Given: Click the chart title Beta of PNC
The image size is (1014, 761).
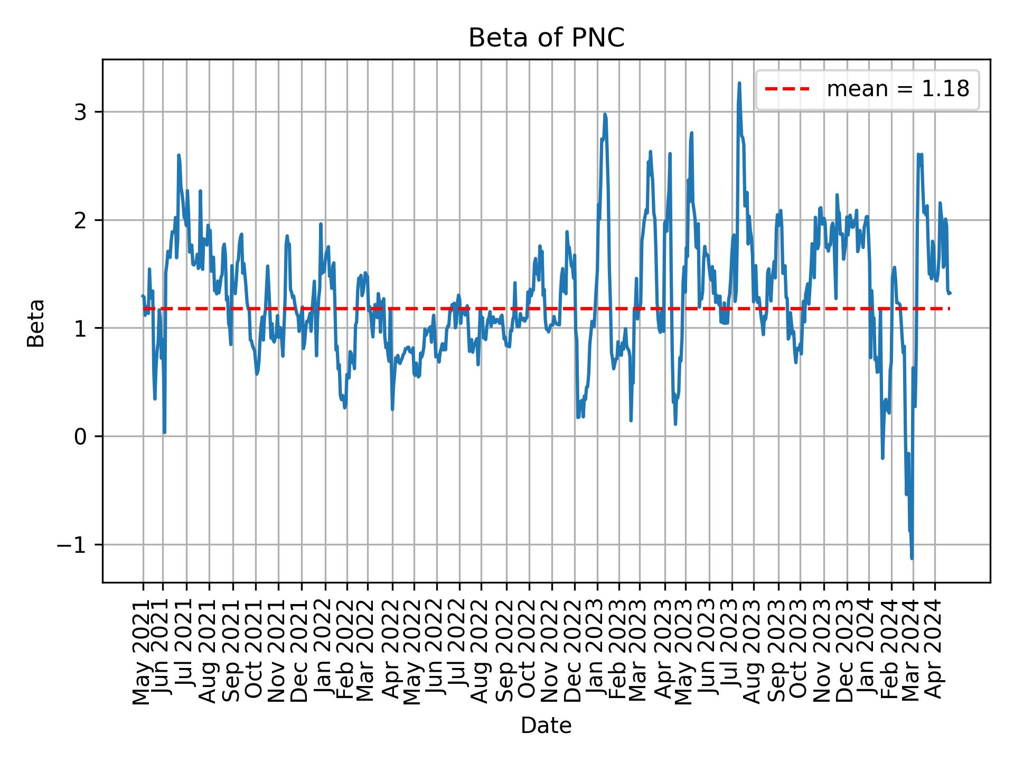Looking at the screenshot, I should pyautogui.click(x=546, y=39).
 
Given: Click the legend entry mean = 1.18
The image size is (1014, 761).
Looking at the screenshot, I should pyautogui.click(x=897, y=89).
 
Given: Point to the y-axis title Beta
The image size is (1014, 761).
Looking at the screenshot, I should pyautogui.click(x=36, y=323).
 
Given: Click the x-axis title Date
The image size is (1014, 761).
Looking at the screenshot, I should pyautogui.click(x=546, y=726).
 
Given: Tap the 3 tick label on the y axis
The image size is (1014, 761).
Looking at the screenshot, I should pyautogui.click(x=80, y=112).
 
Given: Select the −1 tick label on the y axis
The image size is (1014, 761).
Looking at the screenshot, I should pyautogui.click(x=71, y=545).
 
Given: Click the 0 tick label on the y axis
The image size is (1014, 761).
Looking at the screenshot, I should pyautogui.click(x=80, y=437).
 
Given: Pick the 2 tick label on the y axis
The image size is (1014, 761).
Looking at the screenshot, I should pyautogui.click(x=80, y=220).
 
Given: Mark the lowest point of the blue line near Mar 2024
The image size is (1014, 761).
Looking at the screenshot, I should pyautogui.click(x=912, y=558).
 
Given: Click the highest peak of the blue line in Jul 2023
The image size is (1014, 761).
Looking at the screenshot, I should pyautogui.click(x=739, y=83).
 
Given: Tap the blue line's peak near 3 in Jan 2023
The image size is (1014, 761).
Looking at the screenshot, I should pyautogui.click(x=605, y=114).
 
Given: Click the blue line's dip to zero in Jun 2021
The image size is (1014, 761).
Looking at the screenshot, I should pyautogui.click(x=165, y=432).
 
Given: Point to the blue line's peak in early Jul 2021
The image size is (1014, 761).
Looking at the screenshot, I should pyautogui.click(x=179, y=155).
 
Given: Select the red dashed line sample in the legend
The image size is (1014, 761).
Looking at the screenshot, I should pyautogui.click(x=787, y=89).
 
